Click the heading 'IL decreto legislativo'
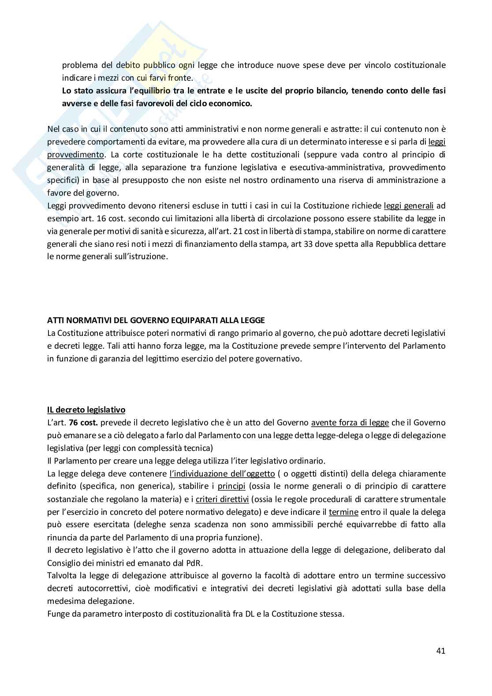(x=86, y=410)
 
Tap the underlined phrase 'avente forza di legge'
(x=350, y=423)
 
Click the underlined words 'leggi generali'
(x=409, y=206)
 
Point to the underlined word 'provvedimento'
(x=75, y=155)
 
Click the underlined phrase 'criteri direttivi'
(x=222, y=499)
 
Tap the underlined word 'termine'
(x=343, y=512)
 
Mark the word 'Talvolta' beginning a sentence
(x=61, y=576)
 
